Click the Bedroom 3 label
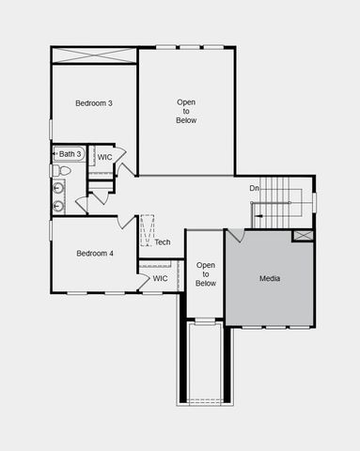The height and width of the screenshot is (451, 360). [x=94, y=102]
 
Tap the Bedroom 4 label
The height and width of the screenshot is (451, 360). [x=95, y=253]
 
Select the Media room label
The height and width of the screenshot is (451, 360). [x=270, y=278]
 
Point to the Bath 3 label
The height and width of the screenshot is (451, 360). [x=70, y=153]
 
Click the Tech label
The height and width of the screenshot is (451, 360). [x=163, y=242]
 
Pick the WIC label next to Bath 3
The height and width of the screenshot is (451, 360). [x=104, y=157]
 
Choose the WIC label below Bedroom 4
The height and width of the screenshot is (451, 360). [x=160, y=278]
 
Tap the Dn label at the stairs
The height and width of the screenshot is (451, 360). [x=254, y=189]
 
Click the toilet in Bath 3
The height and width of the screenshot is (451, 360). [x=58, y=171]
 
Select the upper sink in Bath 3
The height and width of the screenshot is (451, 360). [x=58, y=187]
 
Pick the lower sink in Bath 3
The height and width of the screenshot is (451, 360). [x=58, y=205]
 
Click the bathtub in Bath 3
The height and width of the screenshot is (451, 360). [x=70, y=153]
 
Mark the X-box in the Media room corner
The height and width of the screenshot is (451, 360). [x=303, y=235]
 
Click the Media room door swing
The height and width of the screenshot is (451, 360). [x=235, y=235]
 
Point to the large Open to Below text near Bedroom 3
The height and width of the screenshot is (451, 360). [x=186, y=111]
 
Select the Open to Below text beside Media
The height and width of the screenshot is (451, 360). [x=206, y=274]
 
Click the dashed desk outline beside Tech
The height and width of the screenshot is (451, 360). [x=147, y=231]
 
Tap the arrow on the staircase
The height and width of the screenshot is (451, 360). [x=254, y=215]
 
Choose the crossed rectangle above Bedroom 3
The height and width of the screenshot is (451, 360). [x=94, y=55]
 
